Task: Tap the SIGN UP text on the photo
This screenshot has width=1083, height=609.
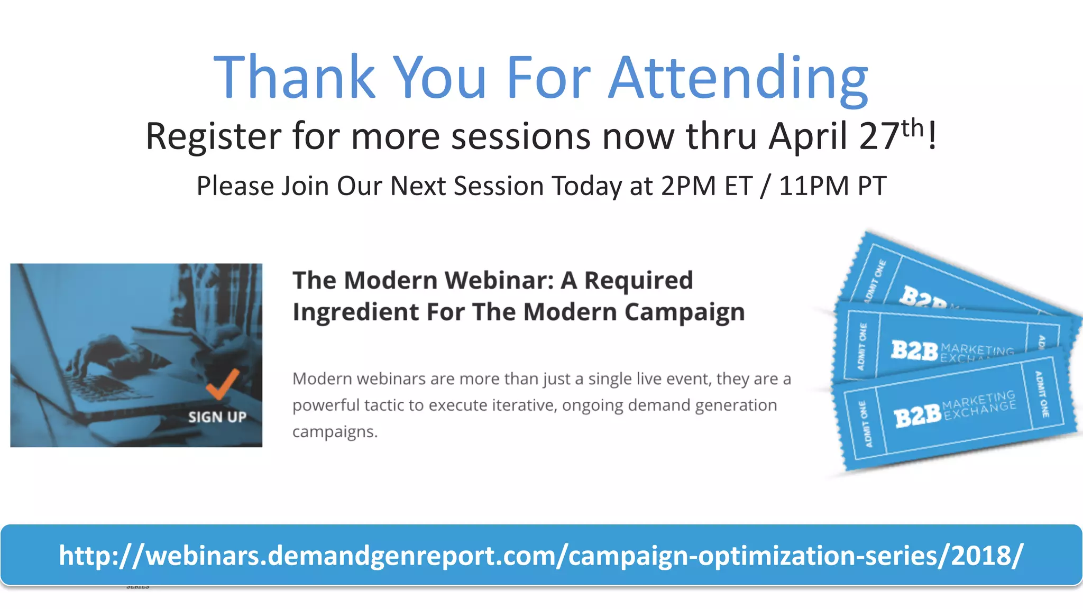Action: (217, 417)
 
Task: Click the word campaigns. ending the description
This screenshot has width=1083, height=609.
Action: (335, 432)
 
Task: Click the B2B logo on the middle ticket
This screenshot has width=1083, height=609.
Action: (914, 350)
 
